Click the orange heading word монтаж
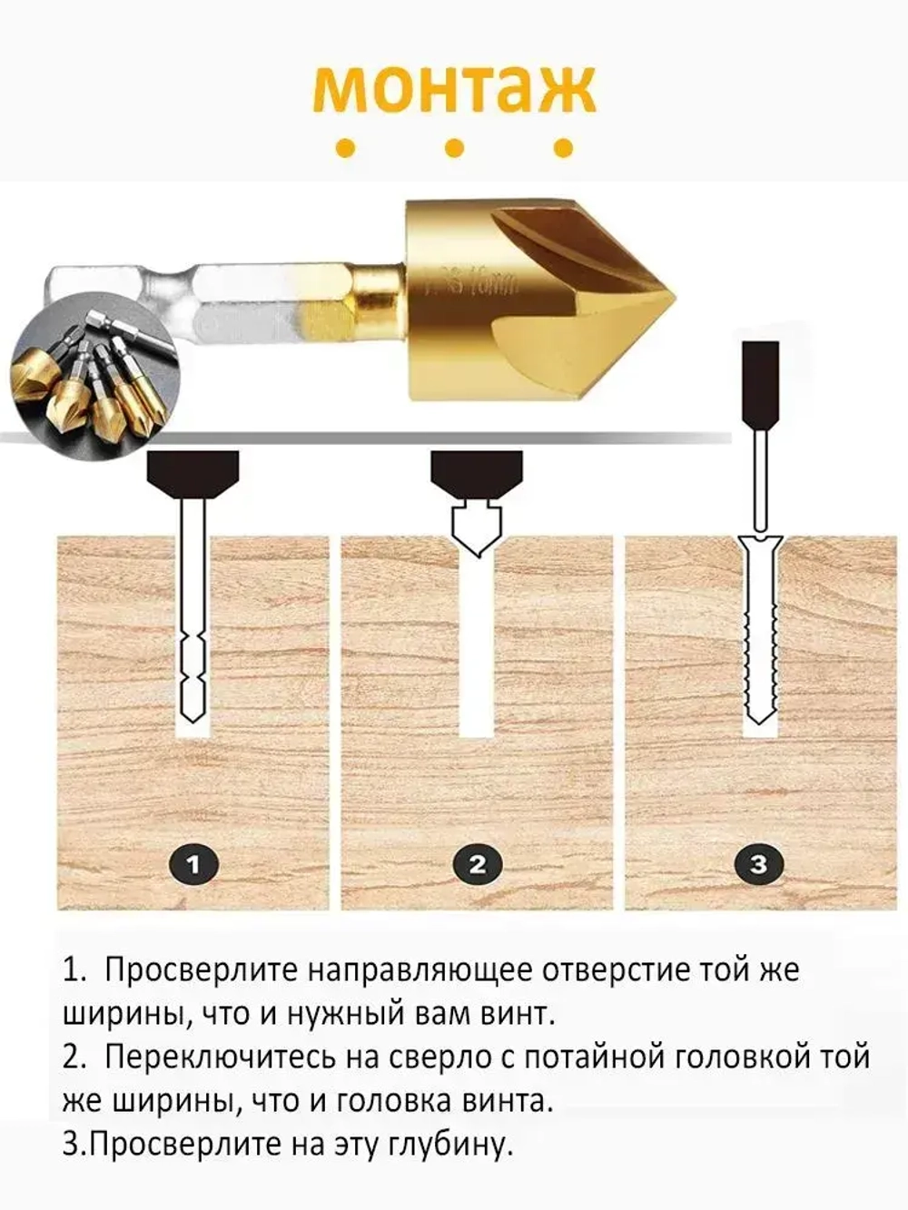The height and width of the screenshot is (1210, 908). click(454, 89)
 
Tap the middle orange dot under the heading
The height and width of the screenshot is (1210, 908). click(454, 148)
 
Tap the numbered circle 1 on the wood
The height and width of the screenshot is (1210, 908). click(192, 863)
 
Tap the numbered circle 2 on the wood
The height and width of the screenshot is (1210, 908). click(478, 863)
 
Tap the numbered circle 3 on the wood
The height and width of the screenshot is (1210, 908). click(759, 863)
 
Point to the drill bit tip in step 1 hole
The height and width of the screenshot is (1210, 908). click(192, 713)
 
